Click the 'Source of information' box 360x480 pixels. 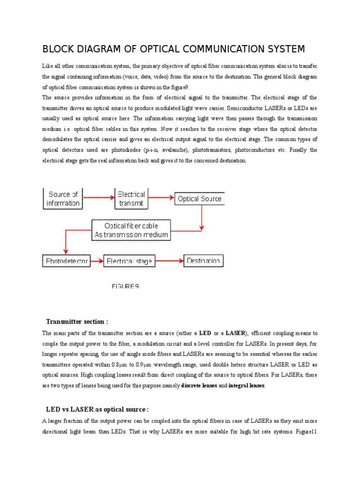point(63,199)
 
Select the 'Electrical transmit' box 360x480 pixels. point(131,199)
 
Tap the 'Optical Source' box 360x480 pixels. point(199,199)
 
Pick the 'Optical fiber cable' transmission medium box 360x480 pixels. point(131,230)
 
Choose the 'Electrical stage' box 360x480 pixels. point(129,261)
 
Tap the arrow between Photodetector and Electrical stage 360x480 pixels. point(97,261)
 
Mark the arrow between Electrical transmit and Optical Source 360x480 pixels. point(161,198)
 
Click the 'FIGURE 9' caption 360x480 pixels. point(125,286)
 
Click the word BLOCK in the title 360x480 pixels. point(57,49)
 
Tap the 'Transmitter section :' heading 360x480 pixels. point(77,322)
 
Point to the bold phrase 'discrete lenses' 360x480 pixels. point(199,386)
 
